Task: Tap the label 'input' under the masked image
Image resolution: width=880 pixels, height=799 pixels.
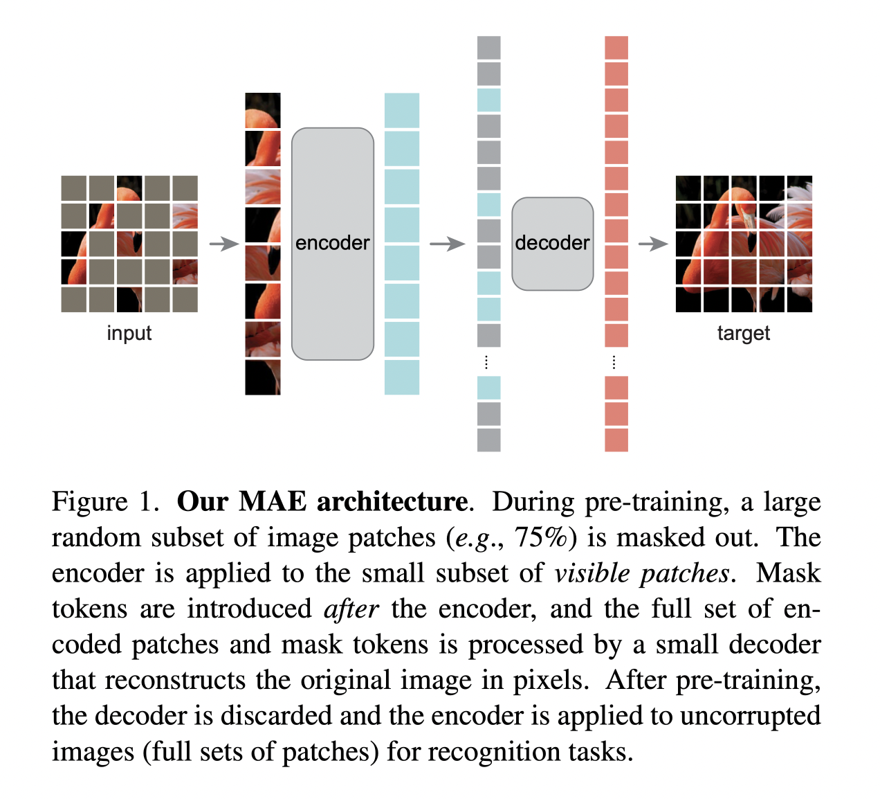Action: pyautogui.click(x=129, y=333)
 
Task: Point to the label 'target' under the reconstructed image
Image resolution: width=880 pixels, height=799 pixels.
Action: pyautogui.click(x=743, y=333)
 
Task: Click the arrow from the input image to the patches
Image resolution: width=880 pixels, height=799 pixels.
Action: pyautogui.click(x=223, y=244)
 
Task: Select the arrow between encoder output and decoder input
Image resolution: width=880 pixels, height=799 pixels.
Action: pyautogui.click(x=447, y=244)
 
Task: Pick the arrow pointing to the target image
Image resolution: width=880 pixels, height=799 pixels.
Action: pyautogui.click(x=652, y=244)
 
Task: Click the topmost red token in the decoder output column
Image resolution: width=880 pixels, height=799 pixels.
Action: pyautogui.click(x=616, y=48)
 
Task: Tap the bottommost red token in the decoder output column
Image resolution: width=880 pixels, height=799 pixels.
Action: pyautogui.click(x=616, y=440)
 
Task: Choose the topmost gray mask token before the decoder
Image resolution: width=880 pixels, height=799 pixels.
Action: pyautogui.click(x=489, y=48)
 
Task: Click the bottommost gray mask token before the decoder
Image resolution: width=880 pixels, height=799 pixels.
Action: pyautogui.click(x=489, y=440)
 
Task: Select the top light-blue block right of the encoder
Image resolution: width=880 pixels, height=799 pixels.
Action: pyautogui.click(x=402, y=110)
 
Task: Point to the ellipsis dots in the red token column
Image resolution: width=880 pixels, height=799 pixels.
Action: pyautogui.click(x=614, y=362)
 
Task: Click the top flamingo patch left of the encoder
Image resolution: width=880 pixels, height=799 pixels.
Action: pyautogui.click(x=263, y=110)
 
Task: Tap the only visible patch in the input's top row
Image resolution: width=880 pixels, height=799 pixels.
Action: pyautogui.click(x=129, y=188)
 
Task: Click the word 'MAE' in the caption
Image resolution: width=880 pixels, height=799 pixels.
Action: pyautogui.click(x=272, y=501)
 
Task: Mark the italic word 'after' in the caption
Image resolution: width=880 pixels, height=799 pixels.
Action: pyautogui.click(x=351, y=609)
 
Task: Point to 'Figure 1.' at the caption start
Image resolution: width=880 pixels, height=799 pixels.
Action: pyautogui.click(x=105, y=501)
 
